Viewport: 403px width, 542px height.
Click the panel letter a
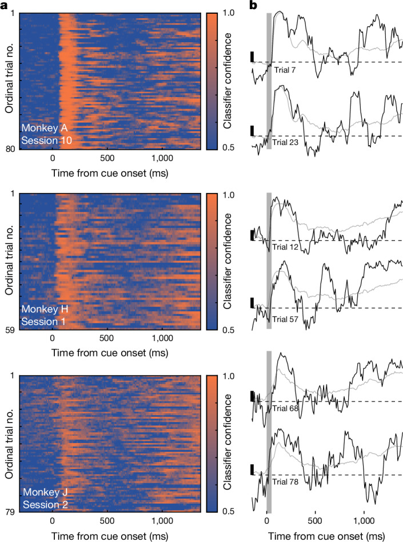pos(4,6)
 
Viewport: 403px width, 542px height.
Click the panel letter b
pos(253,5)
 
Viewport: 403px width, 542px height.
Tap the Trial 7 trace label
pos(285,70)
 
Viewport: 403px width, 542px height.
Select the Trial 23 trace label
pos(285,142)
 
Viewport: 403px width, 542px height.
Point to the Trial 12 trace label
pos(285,247)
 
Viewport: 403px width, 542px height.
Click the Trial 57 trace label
pos(285,319)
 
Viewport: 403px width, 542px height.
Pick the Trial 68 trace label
pos(285,408)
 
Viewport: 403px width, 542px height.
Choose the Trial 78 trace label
pos(285,482)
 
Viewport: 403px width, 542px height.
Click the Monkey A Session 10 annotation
pos(46,134)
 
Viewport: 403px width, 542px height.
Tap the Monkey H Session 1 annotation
pos(45,315)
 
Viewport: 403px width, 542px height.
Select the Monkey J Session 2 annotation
pos(45,498)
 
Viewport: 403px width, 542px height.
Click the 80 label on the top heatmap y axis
pos(10,149)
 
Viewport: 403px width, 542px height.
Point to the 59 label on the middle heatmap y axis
pos(10,330)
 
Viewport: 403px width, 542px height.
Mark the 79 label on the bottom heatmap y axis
pos(10,511)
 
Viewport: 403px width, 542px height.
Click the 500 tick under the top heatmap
pos(107,158)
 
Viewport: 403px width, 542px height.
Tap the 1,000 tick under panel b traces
pos(364,520)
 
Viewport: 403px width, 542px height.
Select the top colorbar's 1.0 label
pos(228,13)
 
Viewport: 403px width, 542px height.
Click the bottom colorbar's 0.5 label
pos(228,511)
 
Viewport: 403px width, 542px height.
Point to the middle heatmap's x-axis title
pos(110,353)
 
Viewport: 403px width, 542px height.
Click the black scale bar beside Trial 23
pos(252,131)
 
